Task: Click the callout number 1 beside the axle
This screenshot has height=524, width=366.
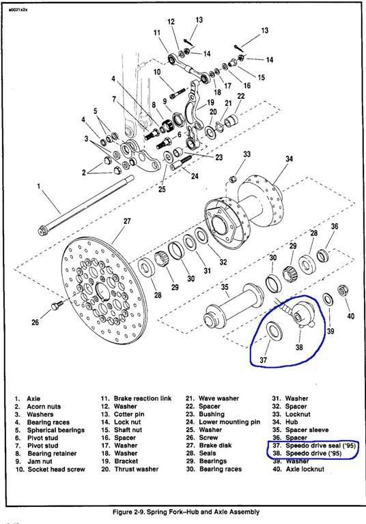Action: pos(39,186)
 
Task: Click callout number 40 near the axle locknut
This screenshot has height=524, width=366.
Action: pos(351,315)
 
